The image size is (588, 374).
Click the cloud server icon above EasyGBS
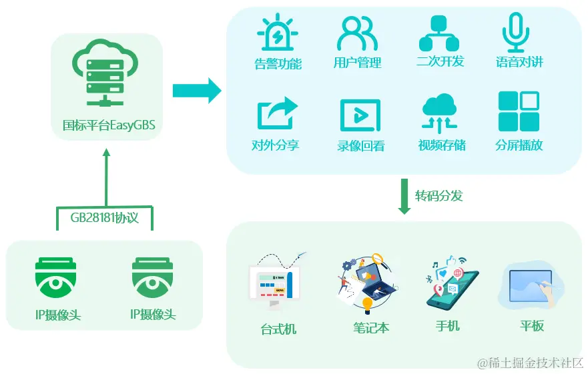[106, 74]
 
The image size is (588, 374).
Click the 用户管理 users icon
[357, 33]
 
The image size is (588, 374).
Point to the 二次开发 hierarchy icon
[439, 33]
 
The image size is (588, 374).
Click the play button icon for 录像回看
[360, 116]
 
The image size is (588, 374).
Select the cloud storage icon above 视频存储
[440, 113]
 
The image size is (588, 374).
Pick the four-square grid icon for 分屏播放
[519, 112]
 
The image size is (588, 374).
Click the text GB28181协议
[104, 217]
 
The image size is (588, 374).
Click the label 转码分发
[438, 195]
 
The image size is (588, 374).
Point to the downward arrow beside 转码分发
[404, 196]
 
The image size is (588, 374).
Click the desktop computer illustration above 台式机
[275, 283]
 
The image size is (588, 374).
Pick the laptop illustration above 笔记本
[369, 283]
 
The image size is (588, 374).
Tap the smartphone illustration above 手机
[451, 283]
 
